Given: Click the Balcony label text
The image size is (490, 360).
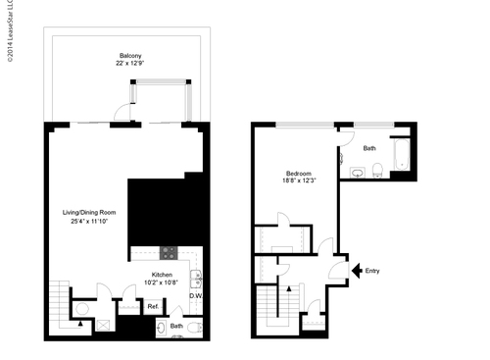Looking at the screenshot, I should point(131,56).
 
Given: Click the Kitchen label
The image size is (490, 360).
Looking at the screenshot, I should point(164,275).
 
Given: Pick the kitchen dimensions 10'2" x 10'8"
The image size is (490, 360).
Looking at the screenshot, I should point(164,283).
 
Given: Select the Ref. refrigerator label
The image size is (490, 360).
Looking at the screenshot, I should point(154,307).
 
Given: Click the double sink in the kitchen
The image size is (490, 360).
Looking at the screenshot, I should point(196,278).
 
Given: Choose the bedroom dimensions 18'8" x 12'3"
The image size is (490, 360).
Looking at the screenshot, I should point(299,180).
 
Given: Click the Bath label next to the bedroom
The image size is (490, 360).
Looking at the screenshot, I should point(368,149).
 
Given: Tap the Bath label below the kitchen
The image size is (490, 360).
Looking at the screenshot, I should point(177,326).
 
